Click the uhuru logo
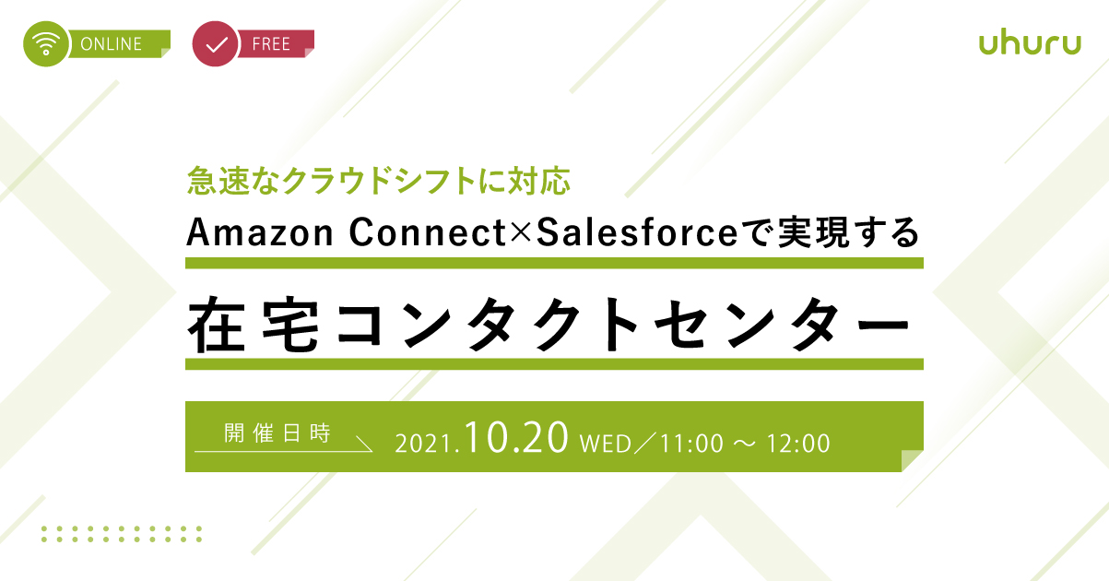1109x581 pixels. (x=1030, y=43)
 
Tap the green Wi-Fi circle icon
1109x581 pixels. (x=46, y=43)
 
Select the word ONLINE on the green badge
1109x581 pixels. (x=111, y=44)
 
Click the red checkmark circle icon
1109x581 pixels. (x=216, y=43)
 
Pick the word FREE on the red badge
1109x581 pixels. (x=271, y=44)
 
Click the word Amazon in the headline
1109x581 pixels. (x=260, y=232)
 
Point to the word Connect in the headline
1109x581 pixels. (x=427, y=232)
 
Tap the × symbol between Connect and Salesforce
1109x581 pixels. (x=520, y=232)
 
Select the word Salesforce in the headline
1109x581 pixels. (x=637, y=232)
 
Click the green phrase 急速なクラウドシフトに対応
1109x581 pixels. (x=379, y=181)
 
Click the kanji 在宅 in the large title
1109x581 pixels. (x=253, y=324)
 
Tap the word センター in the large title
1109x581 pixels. (x=783, y=324)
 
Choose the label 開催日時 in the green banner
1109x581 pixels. (x=277, y=433)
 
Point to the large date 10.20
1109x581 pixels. (x=516, y=437)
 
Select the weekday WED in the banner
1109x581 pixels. (x=606, y=444)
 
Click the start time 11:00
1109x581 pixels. (x=691, y=444)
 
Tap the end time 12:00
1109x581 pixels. (x=798, y=444)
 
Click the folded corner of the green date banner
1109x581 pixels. (x=912, y=460)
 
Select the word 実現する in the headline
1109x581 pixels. (x=849, y=232)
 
